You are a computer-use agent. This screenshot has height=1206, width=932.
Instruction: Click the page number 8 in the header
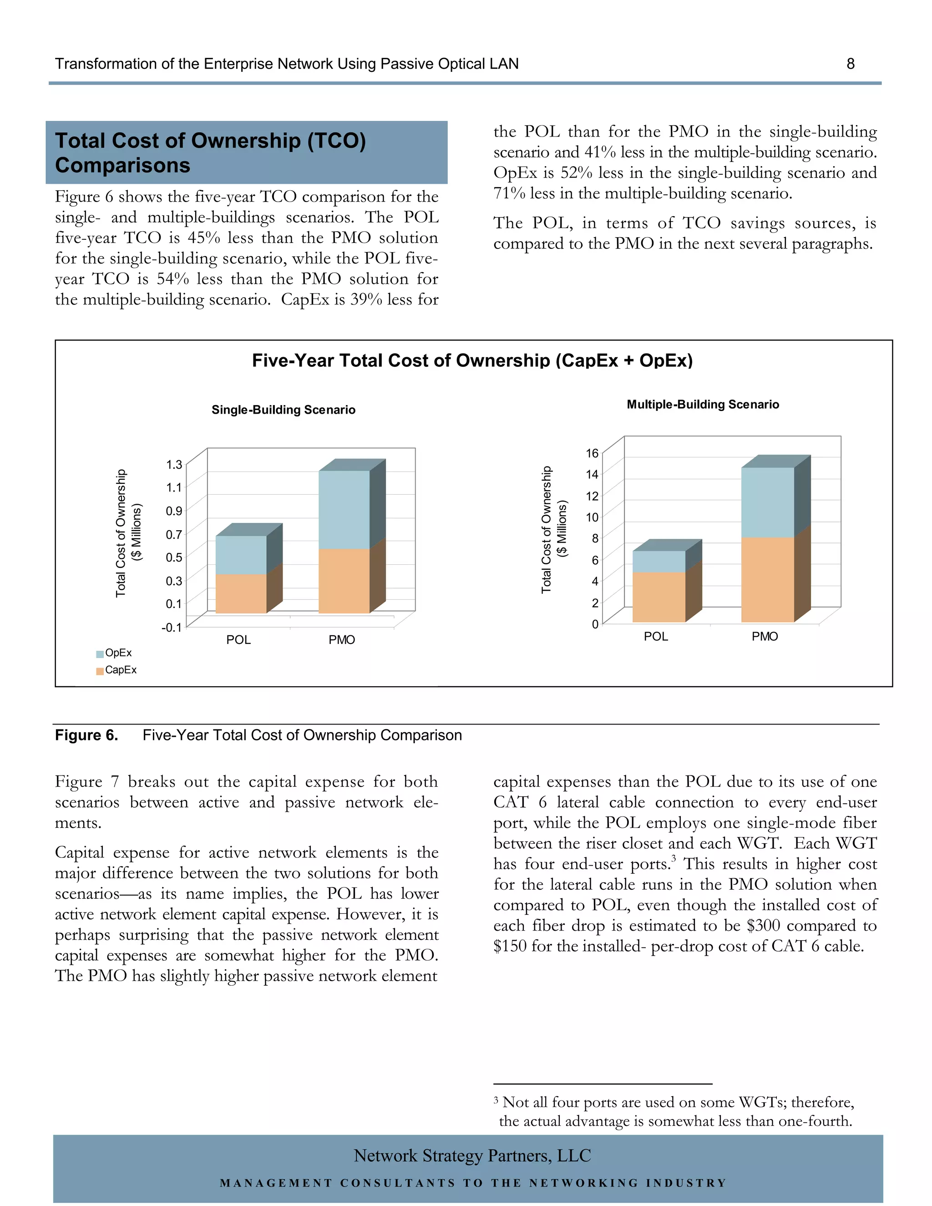(x=850, y=64)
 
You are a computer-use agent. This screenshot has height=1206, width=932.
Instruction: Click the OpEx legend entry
(x=117, y=653)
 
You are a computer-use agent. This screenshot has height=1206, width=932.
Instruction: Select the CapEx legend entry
(x=120, y=670)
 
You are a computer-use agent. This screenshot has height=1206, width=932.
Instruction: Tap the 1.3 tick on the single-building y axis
(x=174, y=464)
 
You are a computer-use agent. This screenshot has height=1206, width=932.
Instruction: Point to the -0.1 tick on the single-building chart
(x=171, y=627)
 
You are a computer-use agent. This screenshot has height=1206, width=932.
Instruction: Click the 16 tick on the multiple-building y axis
(x=592, y=453)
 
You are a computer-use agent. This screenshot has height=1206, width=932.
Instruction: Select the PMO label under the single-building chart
(x=342, y=640)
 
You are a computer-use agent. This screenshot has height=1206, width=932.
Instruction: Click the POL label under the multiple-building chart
(x=656, y=637)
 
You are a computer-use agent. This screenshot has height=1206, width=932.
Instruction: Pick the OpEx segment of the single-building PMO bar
(x=344, y=509)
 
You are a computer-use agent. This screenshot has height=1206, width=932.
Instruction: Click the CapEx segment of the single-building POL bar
(x=241, y=593)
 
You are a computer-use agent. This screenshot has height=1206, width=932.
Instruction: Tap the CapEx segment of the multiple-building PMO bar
(x=767, y=579)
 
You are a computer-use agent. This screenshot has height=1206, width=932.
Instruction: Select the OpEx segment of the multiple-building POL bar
(x=658, y=561)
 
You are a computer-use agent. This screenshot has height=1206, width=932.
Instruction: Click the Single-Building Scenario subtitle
(x=283, y=410)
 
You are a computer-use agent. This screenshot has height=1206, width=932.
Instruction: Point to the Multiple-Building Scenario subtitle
(x=702, y=404)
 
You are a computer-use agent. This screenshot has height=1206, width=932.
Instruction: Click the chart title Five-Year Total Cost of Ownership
(x=472, y=360)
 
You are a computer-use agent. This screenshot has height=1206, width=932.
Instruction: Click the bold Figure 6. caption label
(x=86, y=735)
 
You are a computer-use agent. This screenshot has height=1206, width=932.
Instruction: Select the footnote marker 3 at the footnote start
(x=496, y=1101)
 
